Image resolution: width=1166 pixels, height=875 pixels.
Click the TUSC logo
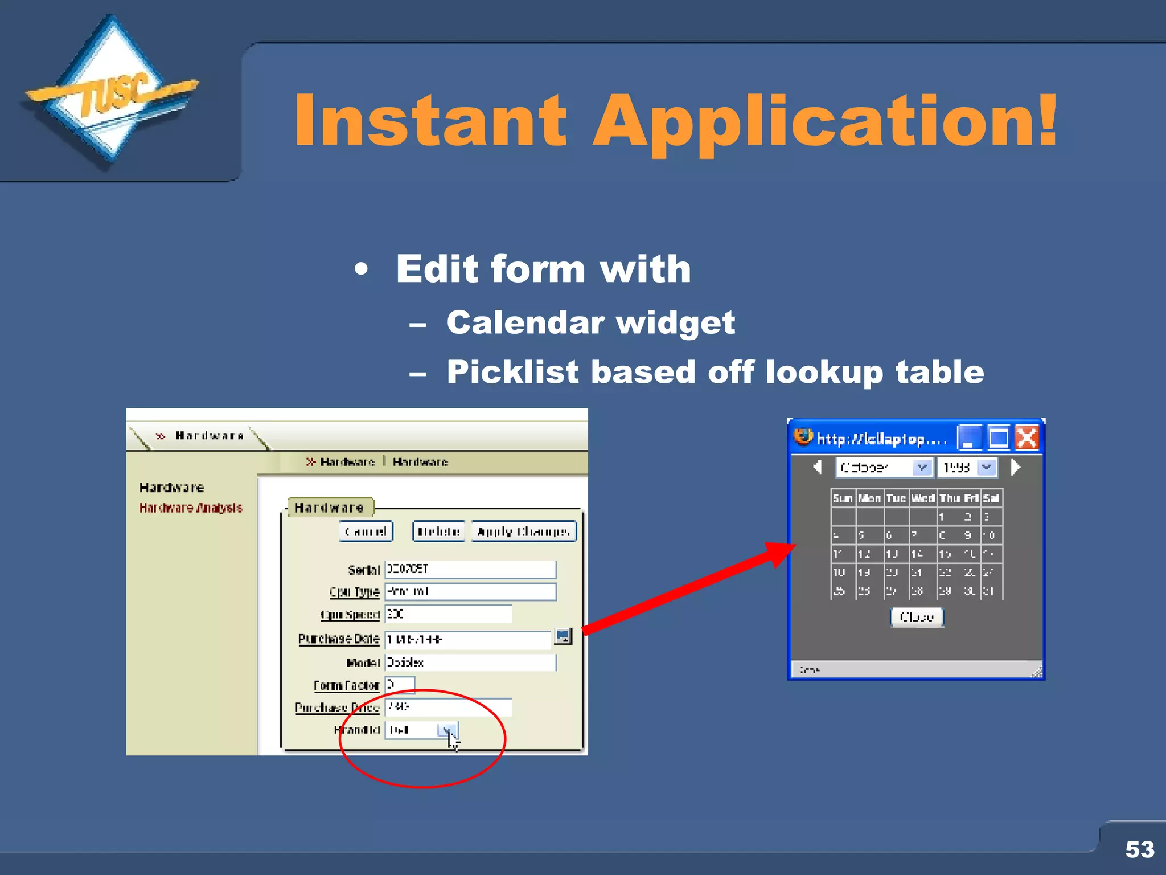point(111,91)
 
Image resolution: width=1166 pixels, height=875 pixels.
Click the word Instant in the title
point(430,121)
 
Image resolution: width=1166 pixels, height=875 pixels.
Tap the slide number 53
point(1139,849)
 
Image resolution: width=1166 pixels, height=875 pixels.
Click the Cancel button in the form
point(366,531)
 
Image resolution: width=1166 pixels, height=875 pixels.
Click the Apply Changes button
point(523,531)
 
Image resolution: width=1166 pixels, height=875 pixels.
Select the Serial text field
point(470,569)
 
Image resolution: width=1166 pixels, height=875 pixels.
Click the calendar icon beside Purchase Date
point(563,636)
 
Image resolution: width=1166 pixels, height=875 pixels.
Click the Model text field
point(470,662)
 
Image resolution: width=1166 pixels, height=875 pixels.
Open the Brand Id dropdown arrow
point(447,730)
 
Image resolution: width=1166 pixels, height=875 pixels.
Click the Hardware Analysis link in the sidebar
point(191,508)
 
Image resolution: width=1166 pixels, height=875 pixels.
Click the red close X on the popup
point(1027,438)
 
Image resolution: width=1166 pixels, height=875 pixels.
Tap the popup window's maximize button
point(999,438)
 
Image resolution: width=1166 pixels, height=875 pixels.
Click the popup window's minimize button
point(969,438)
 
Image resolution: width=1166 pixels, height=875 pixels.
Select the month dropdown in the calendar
point(884,468)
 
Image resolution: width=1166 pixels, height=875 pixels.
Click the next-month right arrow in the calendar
point(1016,468)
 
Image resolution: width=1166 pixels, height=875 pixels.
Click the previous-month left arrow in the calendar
point(818,468)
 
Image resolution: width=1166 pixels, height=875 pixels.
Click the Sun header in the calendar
point(842,498)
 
